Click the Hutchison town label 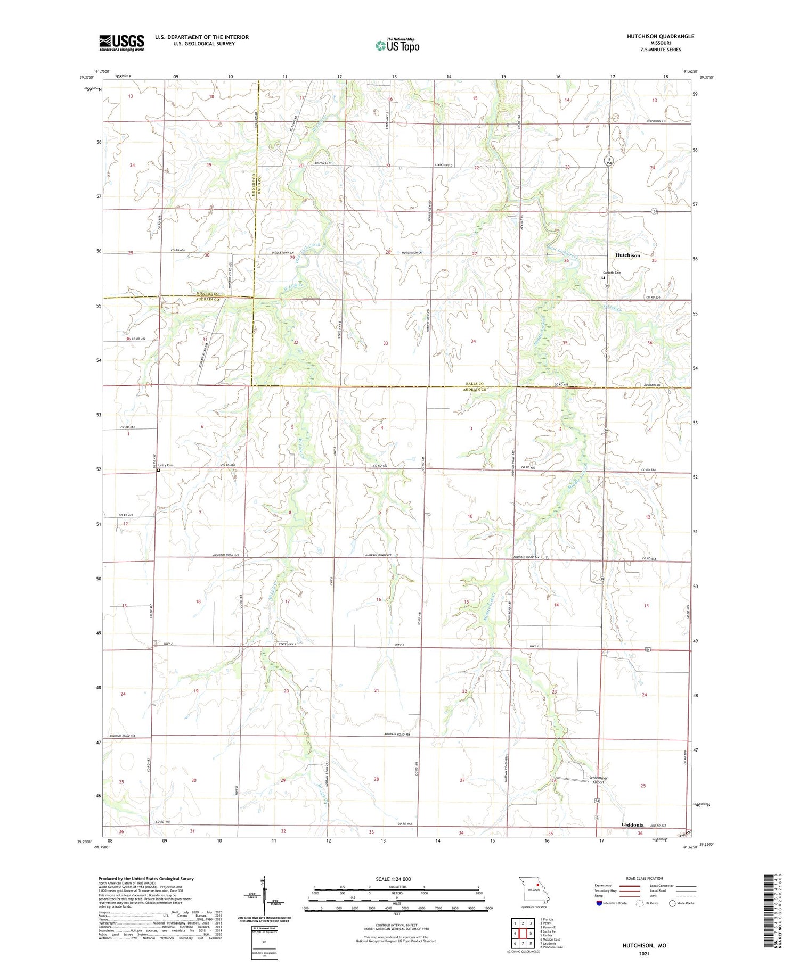point(627,255)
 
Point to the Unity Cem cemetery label point(166,465)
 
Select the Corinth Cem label point(612,273)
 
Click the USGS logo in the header point(121,43)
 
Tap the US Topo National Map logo point(397,45)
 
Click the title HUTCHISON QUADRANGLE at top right point(661,36)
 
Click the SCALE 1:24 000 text point(396,879)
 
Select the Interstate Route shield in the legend point(599,903)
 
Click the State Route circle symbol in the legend point(673,903)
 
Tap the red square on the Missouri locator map point(538,886)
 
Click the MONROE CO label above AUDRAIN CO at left point(207,294)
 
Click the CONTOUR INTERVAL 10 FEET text point(396,925)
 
